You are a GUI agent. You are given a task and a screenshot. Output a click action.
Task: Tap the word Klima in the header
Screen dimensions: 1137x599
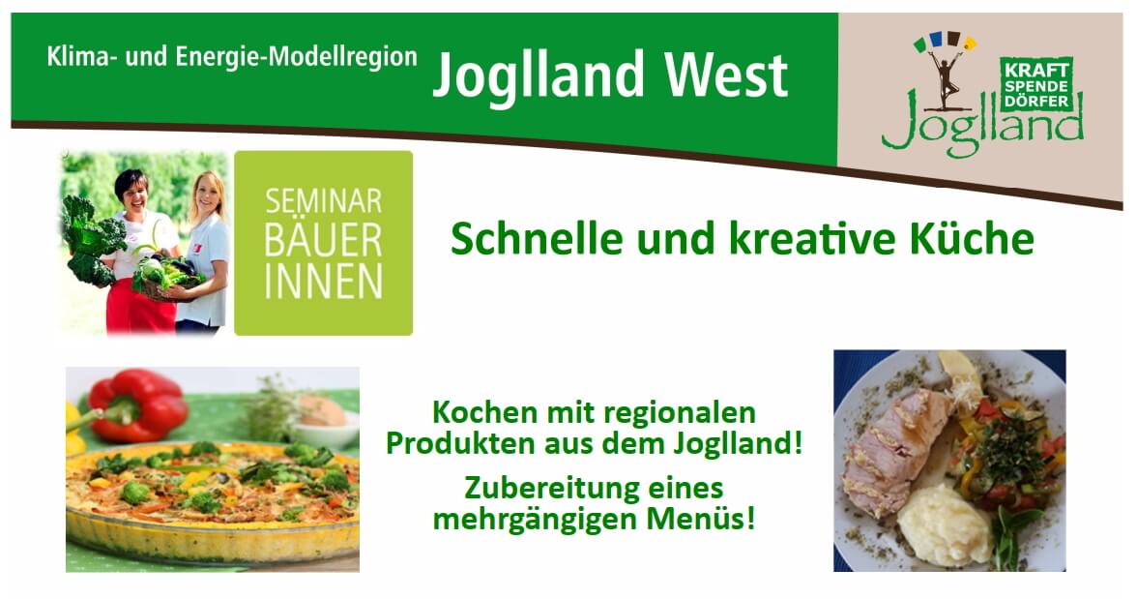76,56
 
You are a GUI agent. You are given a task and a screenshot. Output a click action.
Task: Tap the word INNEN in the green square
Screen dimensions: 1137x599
323,283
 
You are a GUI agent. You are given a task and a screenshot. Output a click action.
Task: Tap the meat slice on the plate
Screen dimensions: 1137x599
895,450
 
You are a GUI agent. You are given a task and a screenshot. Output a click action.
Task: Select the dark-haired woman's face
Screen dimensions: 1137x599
132,191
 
